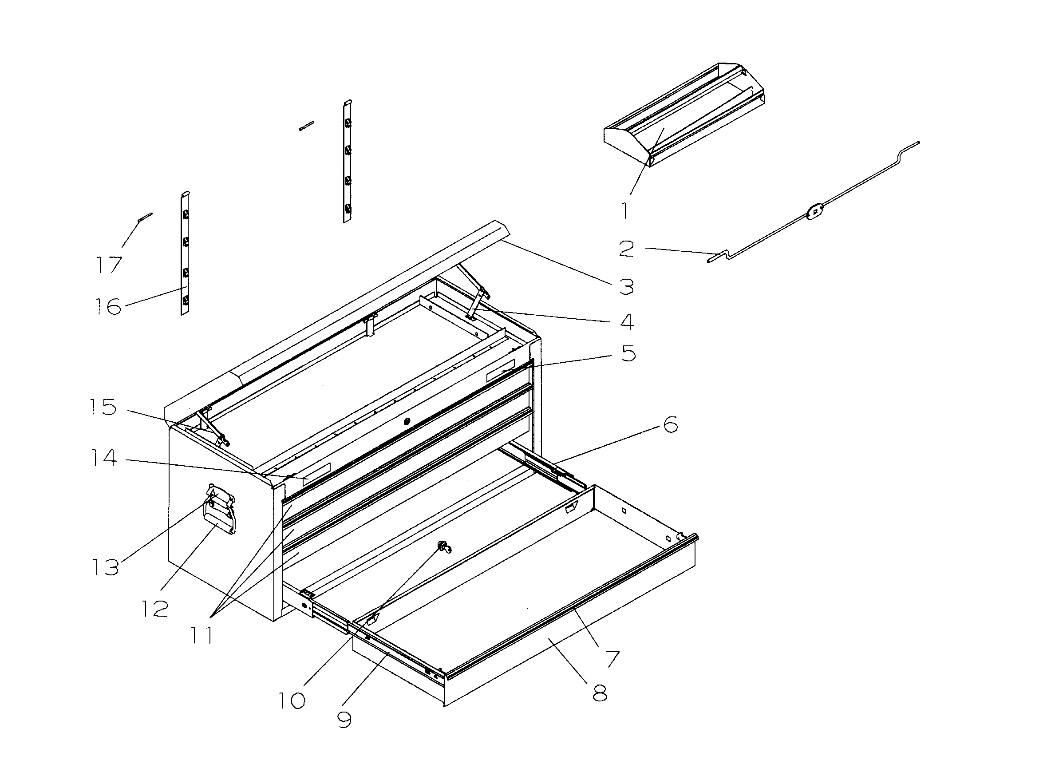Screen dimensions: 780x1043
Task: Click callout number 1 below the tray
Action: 625,210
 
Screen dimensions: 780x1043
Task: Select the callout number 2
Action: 626,249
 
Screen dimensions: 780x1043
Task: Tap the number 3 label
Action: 626,286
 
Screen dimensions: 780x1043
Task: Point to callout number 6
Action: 671,424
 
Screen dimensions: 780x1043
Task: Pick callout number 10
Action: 292,701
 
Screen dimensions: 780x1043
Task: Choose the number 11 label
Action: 202,636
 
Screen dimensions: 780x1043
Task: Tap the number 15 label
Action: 103,407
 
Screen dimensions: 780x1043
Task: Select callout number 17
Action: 109,265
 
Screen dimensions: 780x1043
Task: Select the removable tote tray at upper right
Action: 683,113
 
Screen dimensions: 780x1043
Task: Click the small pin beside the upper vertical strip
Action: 307,126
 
